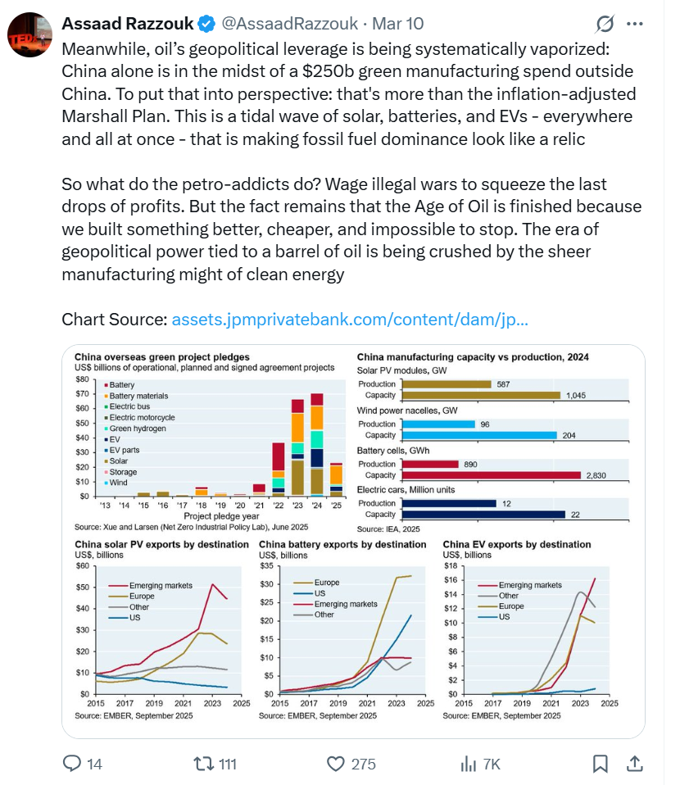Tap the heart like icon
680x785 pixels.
pyautogui.click(x=335, y=763)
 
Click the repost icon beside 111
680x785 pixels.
pyautogui.click(x=202, y=763)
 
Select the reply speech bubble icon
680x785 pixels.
pyautogui.click(x=71, y=763)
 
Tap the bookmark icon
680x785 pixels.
pyautogui.click(x=601, y=763)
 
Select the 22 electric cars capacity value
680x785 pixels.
pyautogui.click(x=576, y=515)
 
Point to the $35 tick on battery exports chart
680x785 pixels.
pyautogui.click(x=268, y=566)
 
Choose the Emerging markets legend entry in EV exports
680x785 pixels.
pyautogui.click(x=530, y=585)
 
